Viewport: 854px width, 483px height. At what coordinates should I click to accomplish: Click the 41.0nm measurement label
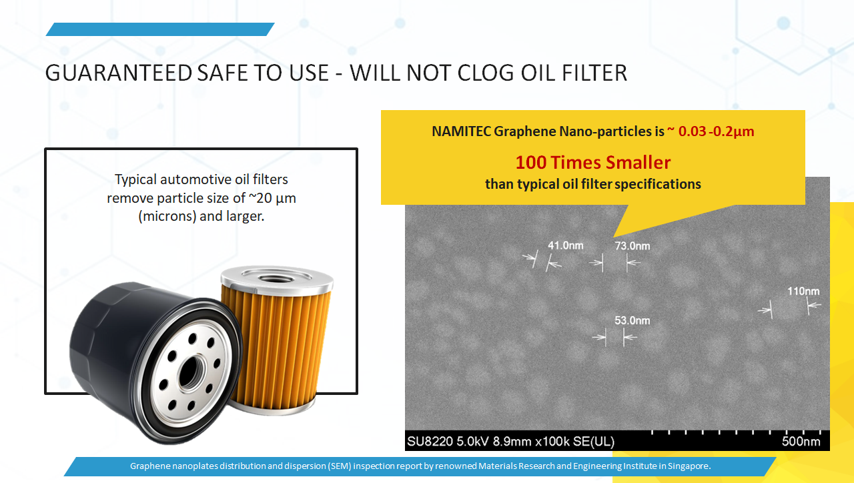[x=565, y=246]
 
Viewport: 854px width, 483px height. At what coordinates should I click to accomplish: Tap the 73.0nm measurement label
[x=632, y=246]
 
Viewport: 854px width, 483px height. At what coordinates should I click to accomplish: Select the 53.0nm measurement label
[x=632, y=321]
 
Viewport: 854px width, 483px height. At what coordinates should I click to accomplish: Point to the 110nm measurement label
[x=803, y=292]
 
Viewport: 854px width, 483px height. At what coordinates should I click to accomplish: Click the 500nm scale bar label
[x=801, y=442]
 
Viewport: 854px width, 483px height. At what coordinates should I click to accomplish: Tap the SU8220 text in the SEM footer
[x=430, y=442]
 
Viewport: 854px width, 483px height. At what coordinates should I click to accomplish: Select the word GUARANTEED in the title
[x=119, y=73]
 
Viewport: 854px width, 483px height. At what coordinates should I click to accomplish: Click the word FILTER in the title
[x=594, y=73]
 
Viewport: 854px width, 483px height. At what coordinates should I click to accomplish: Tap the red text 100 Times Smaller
[x=593, y=162]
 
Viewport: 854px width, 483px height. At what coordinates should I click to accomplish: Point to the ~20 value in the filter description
[x=260, y=198]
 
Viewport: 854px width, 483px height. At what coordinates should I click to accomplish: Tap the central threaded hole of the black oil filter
[x=189, y=372]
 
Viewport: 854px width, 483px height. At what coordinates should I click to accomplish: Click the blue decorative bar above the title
[x=160, y=29]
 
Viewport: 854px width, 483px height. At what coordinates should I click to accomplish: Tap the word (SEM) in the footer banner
[x=339, y=466]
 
